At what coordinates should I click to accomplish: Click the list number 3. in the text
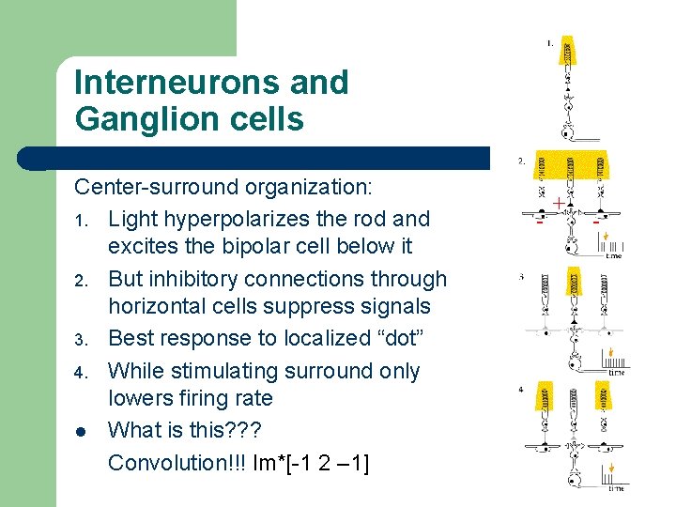[81, 340]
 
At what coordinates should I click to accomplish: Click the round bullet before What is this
[81, 432]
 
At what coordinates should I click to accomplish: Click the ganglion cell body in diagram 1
[567, 132]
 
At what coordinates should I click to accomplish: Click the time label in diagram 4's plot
[616, 488]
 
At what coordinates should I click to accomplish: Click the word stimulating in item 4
[226, 371]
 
